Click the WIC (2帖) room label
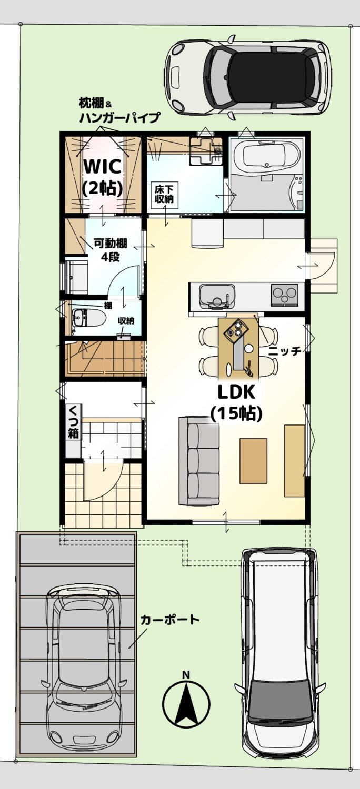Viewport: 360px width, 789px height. [102, 177]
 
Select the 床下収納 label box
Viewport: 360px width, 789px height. [164, 193]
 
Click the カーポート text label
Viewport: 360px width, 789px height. [170, 620]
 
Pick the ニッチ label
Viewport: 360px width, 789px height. [285, 350]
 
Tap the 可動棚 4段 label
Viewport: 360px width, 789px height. [111, 250]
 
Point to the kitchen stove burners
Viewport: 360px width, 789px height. [284, 294]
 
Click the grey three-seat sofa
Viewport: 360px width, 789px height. [199, 461]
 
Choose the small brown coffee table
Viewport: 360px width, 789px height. [253, 461]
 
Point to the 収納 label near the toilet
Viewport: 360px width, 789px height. [125, 321]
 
